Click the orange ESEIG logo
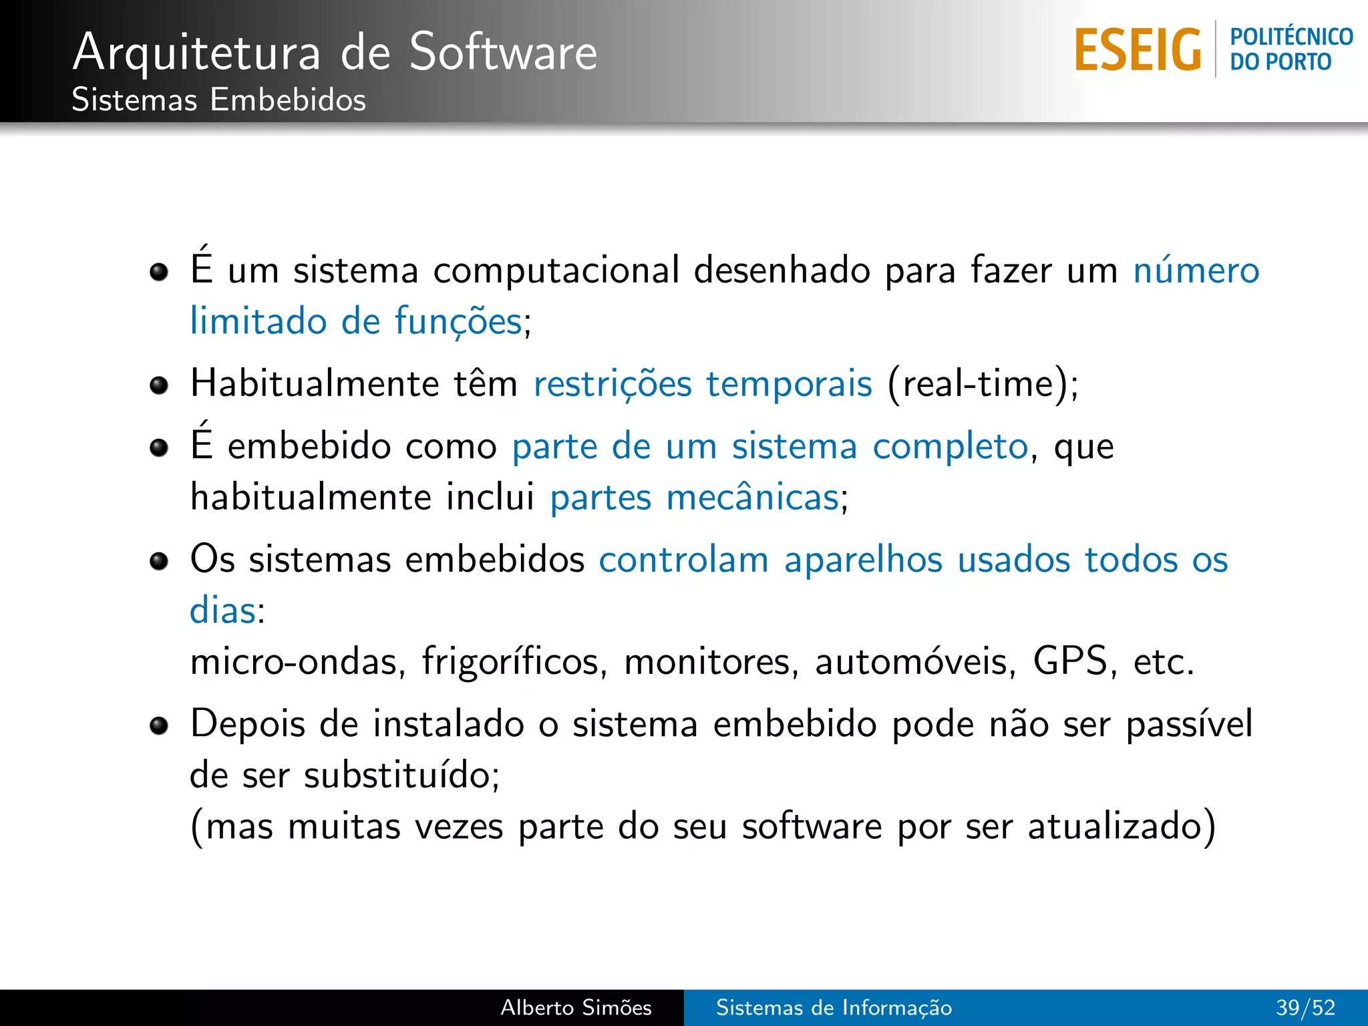pyautogui.click(x=1138, y=50)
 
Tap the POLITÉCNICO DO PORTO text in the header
pyautogui.click(x=1291, y=49)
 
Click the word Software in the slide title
pyautogui.click(x=503, y=53)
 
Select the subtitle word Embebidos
pyautogui.click(x=288, y=100)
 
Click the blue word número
pyautogui.click(x=1196, y=271)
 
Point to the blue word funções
pyautogui.click(x=458, y=322)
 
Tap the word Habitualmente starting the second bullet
pyautogui.click(x=315, y=384)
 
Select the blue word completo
pyautogui.click(x=950, y=447)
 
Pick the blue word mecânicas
pyautogui.click(x=753, y=498)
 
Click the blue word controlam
pyautogui.click(x=683, y=560)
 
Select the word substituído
pyautogui.click(x=398, y=776)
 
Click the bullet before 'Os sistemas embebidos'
pyautogui.click(x=159, y=562)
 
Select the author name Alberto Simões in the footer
pyautogui.click(x=576, y=1007)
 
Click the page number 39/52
pyautogui.click(x=1305, y=1007)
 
